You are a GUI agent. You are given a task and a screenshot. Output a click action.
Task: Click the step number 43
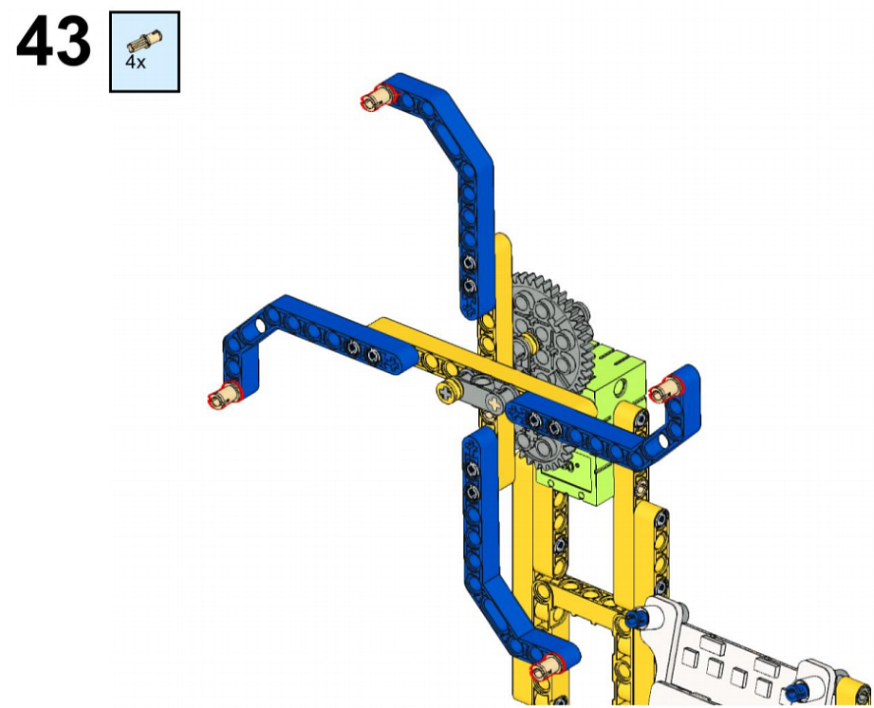click(x=53, y=41)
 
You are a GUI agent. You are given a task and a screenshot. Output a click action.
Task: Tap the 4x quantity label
click(x=135, y=62)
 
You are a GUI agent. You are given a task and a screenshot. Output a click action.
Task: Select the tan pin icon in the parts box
click(x=144, y=41)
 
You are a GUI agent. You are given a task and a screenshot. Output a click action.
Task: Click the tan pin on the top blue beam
click(x=379, y=97)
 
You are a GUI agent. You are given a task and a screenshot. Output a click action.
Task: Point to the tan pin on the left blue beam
click(x=225, y=393)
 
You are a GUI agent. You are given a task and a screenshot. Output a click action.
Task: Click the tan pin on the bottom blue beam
click(x=548, y=665)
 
